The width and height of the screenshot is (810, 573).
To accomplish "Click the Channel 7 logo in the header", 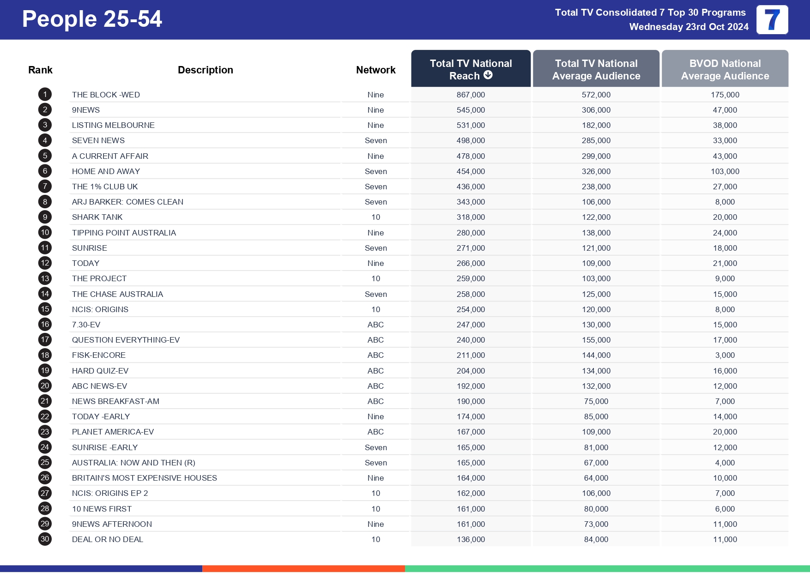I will pyautogui.click(x=772, y=20).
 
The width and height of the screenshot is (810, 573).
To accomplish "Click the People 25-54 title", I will pyautogui.click(x=92, y=19).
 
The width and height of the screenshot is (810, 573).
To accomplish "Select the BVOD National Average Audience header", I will pyautogui.click(x=725, y=69).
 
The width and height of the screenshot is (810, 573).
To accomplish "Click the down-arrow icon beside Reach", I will pyautogui.click(x=488, y=75).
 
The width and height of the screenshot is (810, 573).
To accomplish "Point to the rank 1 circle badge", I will pyautogui.click(x=45, y=95).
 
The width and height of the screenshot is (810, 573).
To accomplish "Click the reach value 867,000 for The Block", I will pyautogui.click(x=471, y=95).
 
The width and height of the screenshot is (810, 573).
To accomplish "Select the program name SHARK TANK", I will pyautogui.click(x=97, y=217).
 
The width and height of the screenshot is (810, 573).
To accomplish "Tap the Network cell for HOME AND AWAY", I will pyautogui.click(x=375, y=171).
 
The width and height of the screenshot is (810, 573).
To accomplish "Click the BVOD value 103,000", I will pyautogui.click(x=725, y=171).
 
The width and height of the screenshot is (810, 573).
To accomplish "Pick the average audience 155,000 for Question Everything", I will pyautogui.click(x=596, y=340).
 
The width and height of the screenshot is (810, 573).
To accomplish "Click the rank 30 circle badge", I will pyautogui.click(x=45, y=539).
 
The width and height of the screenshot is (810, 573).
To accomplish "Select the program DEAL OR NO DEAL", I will pyautogui.click(x=107, y=539).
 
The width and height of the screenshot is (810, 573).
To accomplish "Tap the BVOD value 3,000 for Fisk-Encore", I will pyautogui.click(x=725, y=355).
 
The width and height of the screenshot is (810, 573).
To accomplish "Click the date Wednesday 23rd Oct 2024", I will pyautogui.click(x=689, y=27).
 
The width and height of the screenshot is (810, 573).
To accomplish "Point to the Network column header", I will pyautogui.click(x=375, y=70).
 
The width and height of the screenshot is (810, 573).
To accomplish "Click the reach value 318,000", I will pyautogui.click(x=471, y=217).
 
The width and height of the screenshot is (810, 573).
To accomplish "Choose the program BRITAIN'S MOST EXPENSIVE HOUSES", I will pyautogui.click(x=144, y=478).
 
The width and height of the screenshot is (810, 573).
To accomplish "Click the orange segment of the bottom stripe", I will pyautogui.click(x=303, y=568).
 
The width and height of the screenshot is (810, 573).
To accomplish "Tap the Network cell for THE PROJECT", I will pyautogui.click(x=375, y=278).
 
